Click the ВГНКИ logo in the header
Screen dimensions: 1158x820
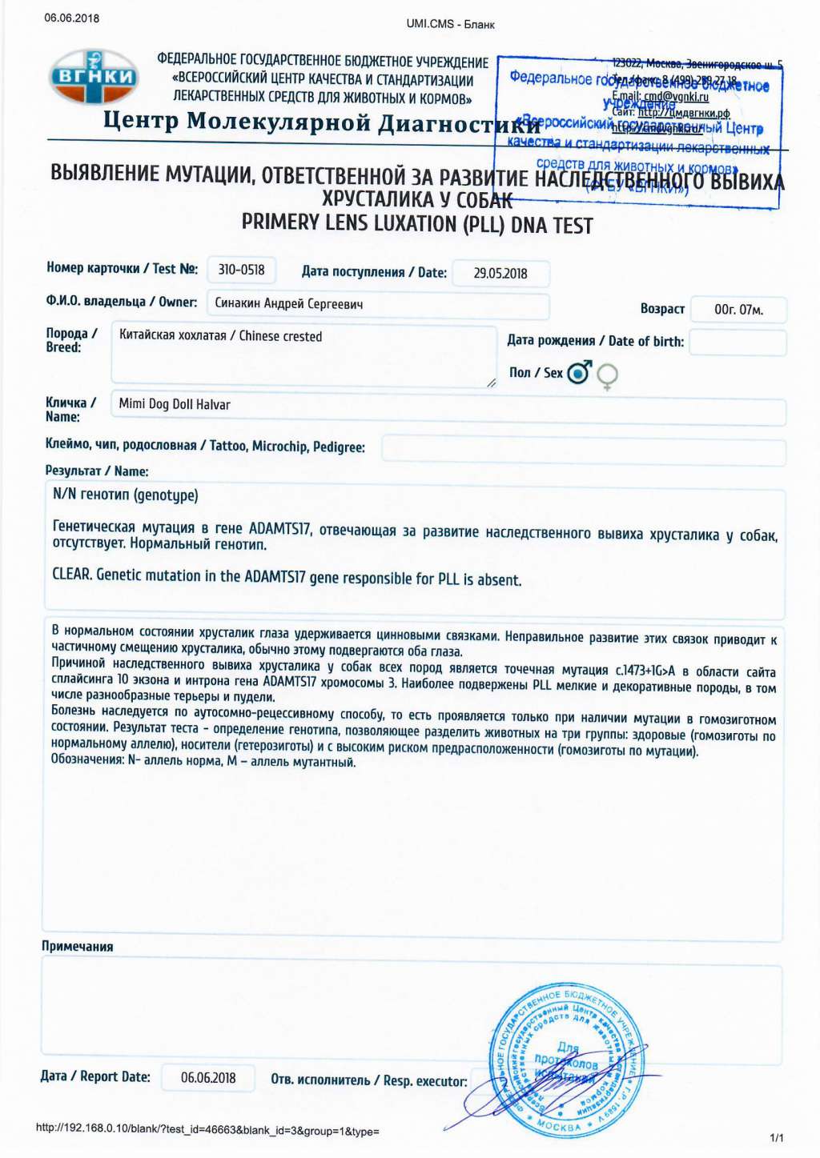94,77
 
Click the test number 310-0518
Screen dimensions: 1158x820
241,270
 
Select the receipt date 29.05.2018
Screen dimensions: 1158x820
500,273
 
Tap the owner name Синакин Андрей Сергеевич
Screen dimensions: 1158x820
289,304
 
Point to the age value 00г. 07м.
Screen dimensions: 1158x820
738,310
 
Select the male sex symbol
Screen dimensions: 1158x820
578,372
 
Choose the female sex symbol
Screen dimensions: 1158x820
608,375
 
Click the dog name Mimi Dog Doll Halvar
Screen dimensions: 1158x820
175,404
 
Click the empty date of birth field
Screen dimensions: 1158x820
738,343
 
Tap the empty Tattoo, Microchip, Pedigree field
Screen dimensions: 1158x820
583,449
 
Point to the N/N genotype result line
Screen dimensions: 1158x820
126,495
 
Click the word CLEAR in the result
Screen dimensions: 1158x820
71,575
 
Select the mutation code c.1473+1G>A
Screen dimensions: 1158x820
645,671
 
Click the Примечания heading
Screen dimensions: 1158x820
78,946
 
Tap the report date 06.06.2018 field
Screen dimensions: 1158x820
208,1077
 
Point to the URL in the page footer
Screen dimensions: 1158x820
207,1131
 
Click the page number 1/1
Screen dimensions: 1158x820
777,1137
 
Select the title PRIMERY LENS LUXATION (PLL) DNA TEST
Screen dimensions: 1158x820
417,224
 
